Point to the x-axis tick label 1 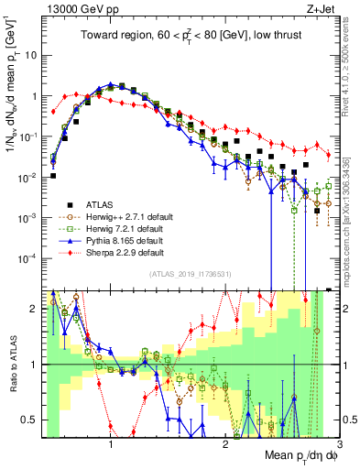111,444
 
